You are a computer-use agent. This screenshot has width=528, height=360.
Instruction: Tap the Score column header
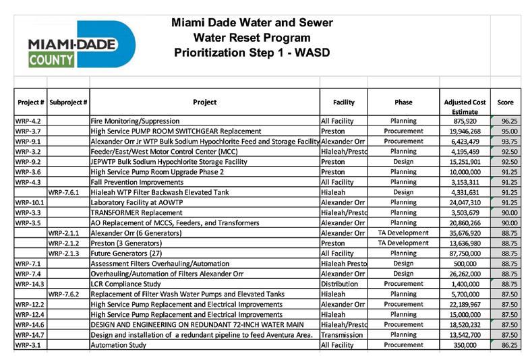pyautogui.click(x=505, y=102)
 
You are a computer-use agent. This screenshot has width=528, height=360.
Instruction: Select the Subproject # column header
pyautogui.click(x=68, y=102)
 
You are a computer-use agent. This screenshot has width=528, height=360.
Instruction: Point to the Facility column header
pyautogui.click(x=343, y=102)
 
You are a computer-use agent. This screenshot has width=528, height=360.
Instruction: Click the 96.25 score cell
pyautogui.click(x=505, y=121)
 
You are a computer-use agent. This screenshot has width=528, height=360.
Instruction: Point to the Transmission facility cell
pyautogui.click(x=341, y=334)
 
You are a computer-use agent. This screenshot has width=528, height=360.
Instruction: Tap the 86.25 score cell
pyautogui.click(x=505, y=344)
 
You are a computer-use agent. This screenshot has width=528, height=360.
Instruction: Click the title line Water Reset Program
pyautogui.click(x=252, y=38)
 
